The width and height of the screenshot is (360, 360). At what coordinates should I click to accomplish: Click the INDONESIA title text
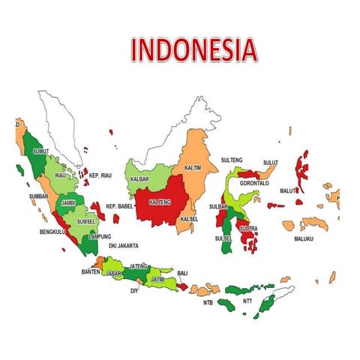194,49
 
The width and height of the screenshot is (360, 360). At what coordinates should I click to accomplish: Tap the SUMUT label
41,151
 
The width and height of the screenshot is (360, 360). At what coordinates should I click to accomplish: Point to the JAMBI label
68,202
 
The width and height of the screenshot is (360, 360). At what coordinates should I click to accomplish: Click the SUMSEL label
86,222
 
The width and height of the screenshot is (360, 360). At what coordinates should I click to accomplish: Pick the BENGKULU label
53,232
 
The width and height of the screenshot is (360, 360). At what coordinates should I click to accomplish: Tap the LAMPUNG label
100,237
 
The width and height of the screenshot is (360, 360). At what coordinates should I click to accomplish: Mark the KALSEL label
189,219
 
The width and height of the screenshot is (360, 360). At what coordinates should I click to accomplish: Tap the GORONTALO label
254,183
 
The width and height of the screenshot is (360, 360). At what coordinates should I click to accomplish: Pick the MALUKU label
303,239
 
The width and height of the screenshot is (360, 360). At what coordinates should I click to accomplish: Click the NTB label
208,303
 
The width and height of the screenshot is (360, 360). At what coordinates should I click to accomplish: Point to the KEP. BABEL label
119,206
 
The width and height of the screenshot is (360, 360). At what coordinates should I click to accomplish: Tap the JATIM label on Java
157,279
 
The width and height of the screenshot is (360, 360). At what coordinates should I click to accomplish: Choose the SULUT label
271,162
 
